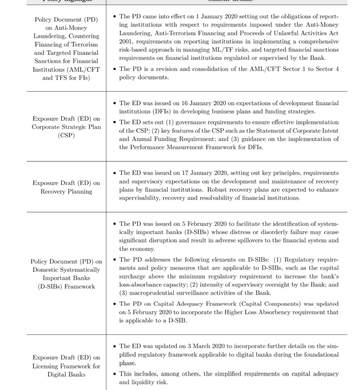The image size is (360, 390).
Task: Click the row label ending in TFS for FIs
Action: tap(66, 78)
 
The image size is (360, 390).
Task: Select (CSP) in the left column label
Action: tap(66, 136)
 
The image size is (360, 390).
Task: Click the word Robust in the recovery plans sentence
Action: tap(225, 190)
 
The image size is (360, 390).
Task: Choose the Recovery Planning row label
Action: tap(66, 191)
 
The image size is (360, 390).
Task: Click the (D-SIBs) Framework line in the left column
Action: tap(66, 286)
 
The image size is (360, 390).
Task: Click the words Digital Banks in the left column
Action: tap(66, 374)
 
